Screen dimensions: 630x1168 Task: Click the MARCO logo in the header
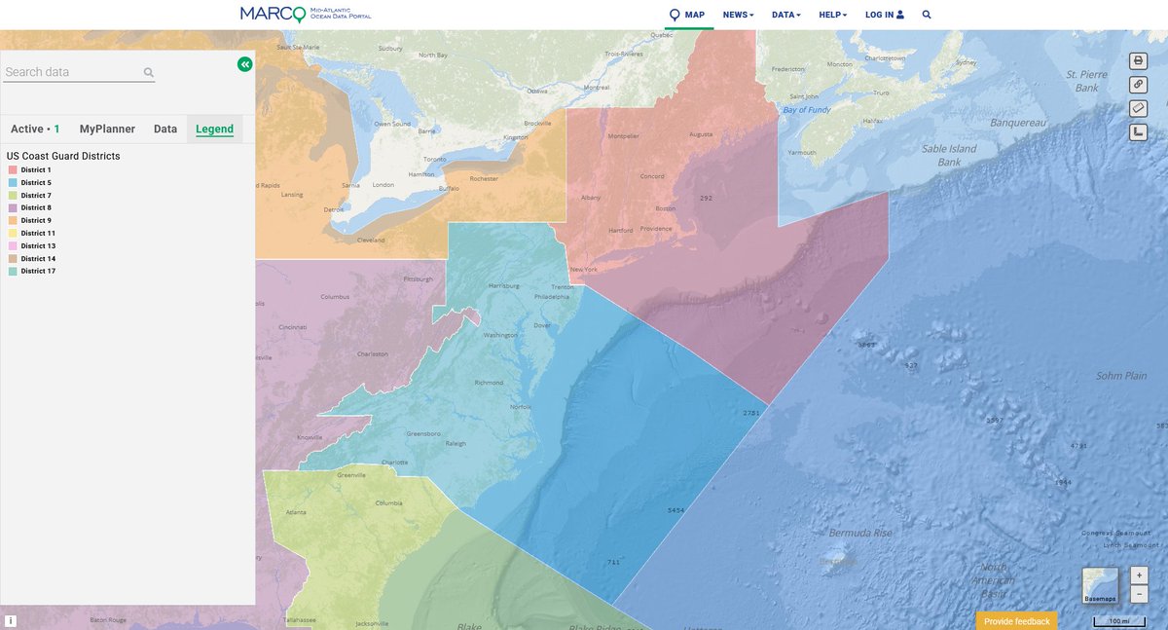coord(305,14)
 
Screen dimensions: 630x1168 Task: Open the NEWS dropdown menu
coord(738,15)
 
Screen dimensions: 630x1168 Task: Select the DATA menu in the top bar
coord(785,15)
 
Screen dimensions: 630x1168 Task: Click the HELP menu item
coord(832,15)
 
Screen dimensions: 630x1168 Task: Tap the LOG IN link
coord(884,15)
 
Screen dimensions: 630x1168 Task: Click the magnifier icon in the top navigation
coord(927,15)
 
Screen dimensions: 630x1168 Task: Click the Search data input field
coord(72,72)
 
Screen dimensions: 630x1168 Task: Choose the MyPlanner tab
coord(107,129)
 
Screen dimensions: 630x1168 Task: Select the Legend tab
coord(214,129)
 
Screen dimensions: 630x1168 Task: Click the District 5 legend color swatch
coord(13,183)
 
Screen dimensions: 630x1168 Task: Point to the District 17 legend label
coord(38,271)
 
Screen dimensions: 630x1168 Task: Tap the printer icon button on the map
coord(1138,61)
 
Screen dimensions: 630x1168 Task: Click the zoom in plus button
coord(1140,575)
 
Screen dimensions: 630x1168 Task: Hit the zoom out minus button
coord(1140,593)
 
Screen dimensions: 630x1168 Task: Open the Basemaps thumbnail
coord(1100,585)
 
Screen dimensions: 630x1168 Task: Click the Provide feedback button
coord(1016,621)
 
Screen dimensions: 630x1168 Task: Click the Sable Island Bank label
coord(949,155)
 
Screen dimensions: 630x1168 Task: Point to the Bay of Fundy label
coord(807,110)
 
